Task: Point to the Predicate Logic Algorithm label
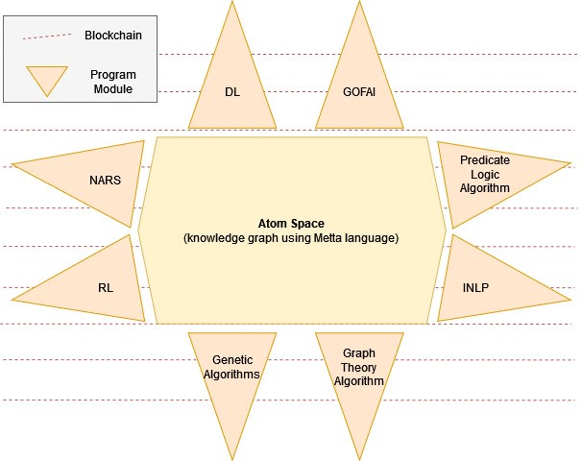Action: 484,174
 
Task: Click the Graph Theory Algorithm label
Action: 358,367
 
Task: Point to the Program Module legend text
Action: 112,82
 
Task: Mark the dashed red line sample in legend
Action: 47,35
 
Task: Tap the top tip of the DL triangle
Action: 231,3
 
